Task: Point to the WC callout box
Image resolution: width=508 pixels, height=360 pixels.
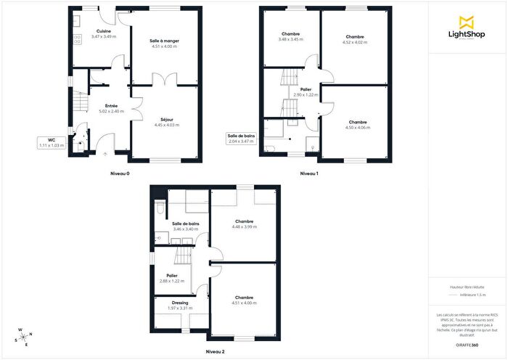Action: tap(52, 142)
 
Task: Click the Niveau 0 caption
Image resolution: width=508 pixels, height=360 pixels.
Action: tap(120, 174)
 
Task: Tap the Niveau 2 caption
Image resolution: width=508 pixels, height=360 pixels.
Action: tap(215, 351)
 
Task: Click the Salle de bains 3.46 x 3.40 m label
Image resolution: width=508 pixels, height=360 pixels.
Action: tap(186, 226)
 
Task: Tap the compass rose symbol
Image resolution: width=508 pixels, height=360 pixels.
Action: tap(25, 336)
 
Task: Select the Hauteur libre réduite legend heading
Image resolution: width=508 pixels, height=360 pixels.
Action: tap(467, 287)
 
